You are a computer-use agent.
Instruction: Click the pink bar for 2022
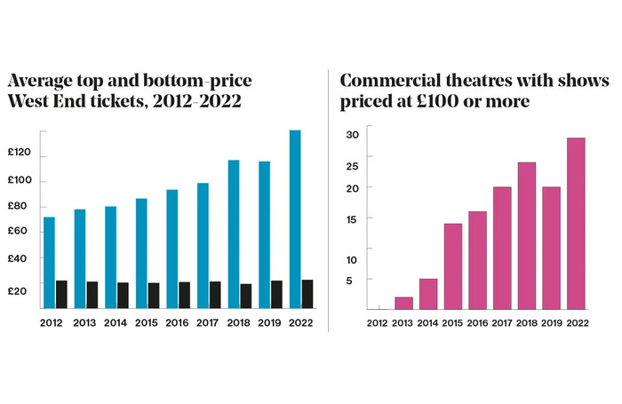(x=576, y=223)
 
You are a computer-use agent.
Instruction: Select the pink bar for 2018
(x=527, y=235)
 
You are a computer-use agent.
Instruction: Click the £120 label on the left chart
(x=20, y=153)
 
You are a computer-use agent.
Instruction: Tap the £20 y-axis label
(x=20, y=290)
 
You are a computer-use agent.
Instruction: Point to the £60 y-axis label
(x=20, y=232)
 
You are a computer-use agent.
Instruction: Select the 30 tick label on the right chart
(x=352, y=135)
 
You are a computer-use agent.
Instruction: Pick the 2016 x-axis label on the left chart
(x=178, y=322)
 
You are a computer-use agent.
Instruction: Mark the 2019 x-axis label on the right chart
(x=552, y=322)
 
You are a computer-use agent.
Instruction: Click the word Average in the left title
(x=46, y=80)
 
